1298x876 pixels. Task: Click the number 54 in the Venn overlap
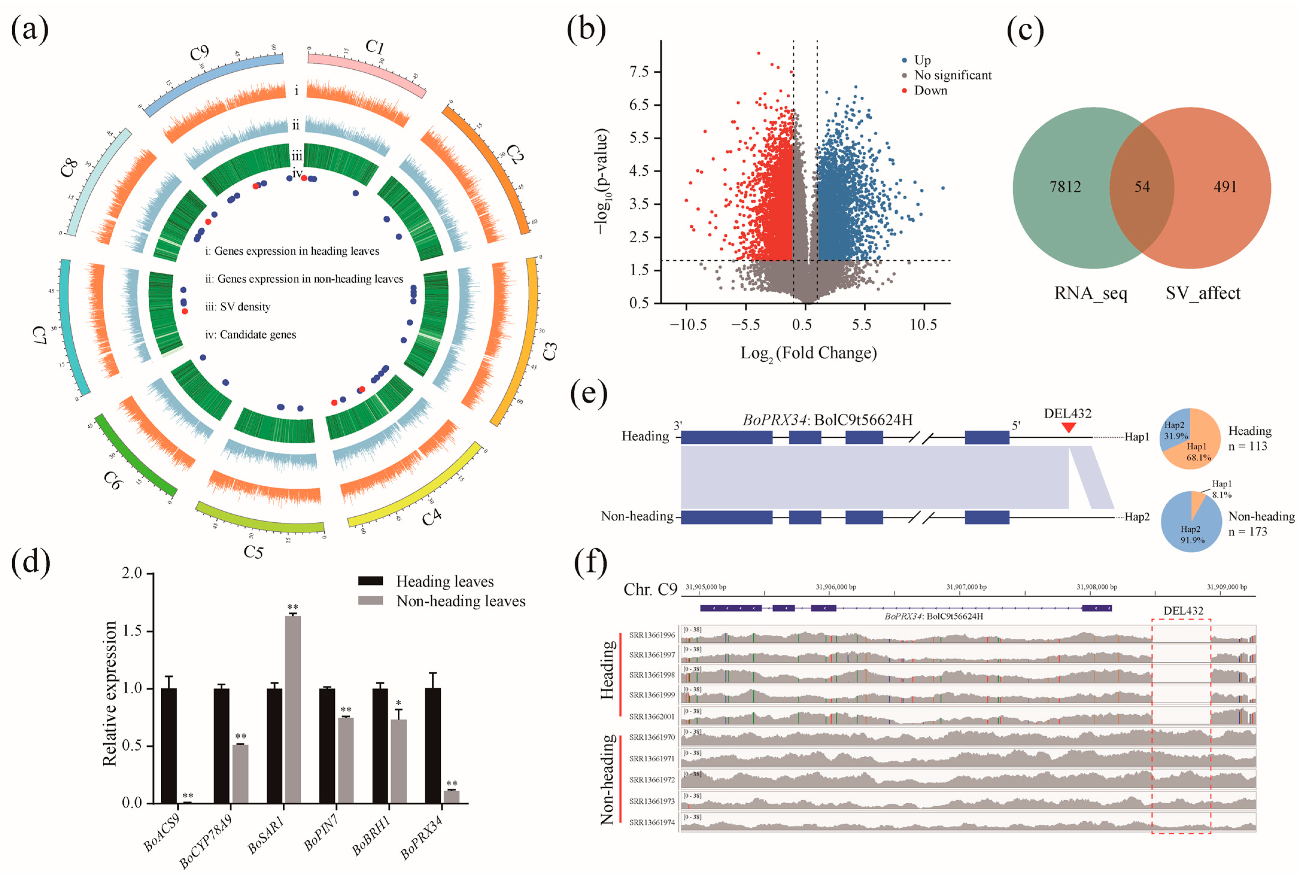pyautogui.click(x=1142, y=187)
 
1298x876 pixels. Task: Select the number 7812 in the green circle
pyautogui.click(x=1065, y=187)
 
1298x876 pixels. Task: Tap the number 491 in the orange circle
pyautogui.click(x=1225, y=187)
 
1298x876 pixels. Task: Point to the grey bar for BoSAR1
pyautogui.click(x=293, y=709)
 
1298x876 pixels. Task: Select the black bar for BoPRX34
pyautogui.click(x=433, y=745)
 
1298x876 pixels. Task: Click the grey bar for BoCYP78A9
pyautogui.click(x=240, y=773)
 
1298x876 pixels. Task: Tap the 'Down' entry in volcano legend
pyautogui.click(x=930, y=90)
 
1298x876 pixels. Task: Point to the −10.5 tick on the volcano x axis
pyautogui.click(x=688, y=324)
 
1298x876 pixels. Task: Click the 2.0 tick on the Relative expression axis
pyautogui.click(x=132, y=574)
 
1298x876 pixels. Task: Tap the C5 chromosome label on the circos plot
pyautogui.click(x=253, y=552)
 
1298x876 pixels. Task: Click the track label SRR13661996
pyautogui.click(x=652, y=635)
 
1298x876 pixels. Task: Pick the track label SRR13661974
pyautogui.click(x=652, y=822)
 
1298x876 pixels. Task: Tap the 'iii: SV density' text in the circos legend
pyautogui.click(x=238, y=307)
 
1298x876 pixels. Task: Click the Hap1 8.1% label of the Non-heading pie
pyautogui.click(x=1221, y=489)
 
